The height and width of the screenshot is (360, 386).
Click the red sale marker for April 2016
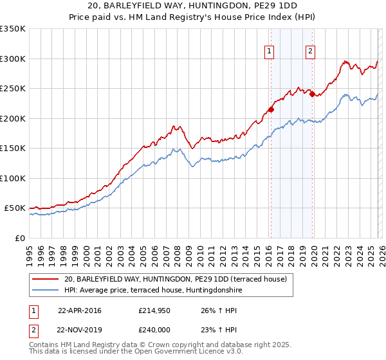pyautogui.click(x=271, y=109)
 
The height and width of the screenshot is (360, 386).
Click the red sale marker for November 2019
pyautogui.click(x=312, y=94)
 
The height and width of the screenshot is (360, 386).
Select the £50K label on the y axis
pyautogui.click(x=15, y=208)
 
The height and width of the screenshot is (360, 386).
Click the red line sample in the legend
pyautogui.click(x=45, y=279)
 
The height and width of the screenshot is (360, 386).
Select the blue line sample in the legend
pyautogui.click(x=45, y=290)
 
